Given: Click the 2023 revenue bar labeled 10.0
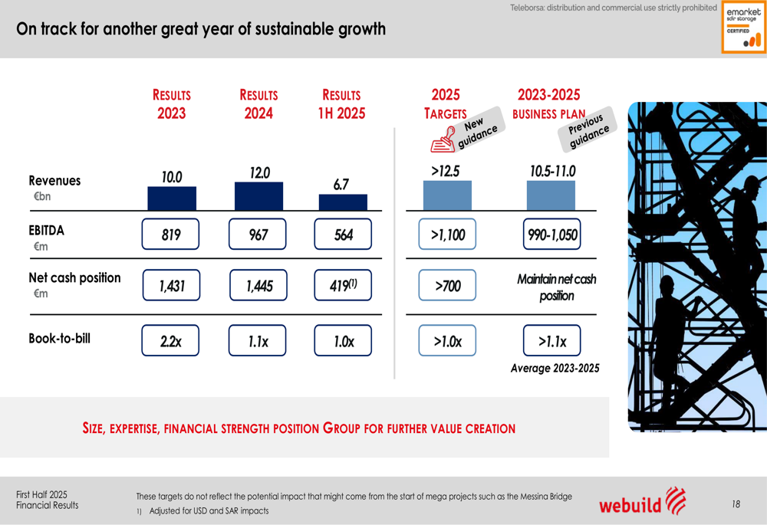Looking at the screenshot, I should point(172,199).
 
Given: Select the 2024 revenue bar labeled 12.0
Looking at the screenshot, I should point(258,196).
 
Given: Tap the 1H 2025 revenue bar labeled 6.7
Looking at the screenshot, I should point(343,202).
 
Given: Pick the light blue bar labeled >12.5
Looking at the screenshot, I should point(447,195).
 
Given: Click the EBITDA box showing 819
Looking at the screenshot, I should point(170,235).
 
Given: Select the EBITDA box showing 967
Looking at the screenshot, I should point(258,235).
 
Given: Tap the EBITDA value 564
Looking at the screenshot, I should point(343,235).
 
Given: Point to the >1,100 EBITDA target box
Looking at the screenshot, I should point(447,235).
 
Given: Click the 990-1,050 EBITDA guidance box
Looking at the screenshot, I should point(552,235).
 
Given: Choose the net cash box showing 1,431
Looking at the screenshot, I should point(170,286).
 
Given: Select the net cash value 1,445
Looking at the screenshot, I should point(258,286).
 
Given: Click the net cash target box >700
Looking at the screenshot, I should point(447,286).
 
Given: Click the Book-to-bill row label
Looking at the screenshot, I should point(59,338).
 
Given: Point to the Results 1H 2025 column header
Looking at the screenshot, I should point(341,104).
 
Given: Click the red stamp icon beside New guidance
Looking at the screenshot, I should point(443,140).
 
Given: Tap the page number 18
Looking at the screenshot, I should point(736,504).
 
